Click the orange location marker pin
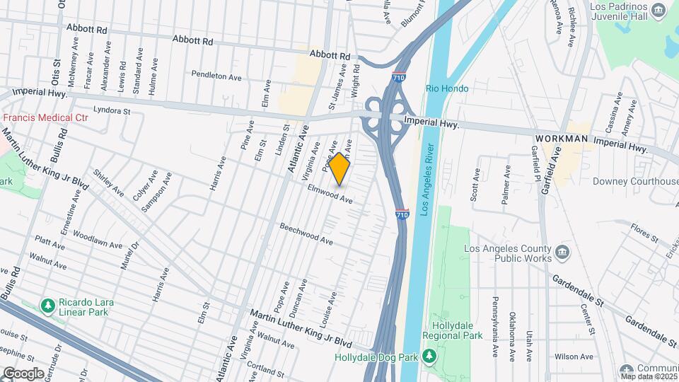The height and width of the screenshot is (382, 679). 339,168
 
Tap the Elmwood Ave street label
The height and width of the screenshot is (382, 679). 330,195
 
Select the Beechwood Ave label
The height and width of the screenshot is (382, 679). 306,236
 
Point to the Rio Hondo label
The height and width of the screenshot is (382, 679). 447,89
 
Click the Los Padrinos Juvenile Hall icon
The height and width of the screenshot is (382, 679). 658,9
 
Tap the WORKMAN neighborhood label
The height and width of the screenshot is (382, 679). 562,139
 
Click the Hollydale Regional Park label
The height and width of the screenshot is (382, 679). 453,331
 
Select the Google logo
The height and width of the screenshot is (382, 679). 23,373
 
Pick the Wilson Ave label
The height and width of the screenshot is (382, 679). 574,357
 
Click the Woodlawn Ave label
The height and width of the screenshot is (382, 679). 97,238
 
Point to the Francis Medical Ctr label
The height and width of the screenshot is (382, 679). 45,117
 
